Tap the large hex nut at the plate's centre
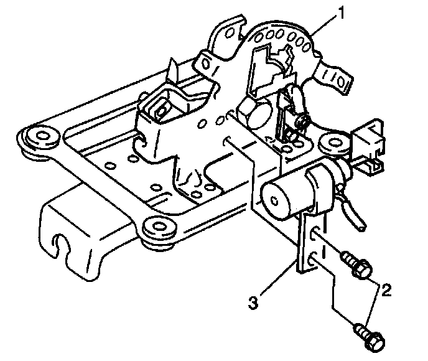251,113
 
